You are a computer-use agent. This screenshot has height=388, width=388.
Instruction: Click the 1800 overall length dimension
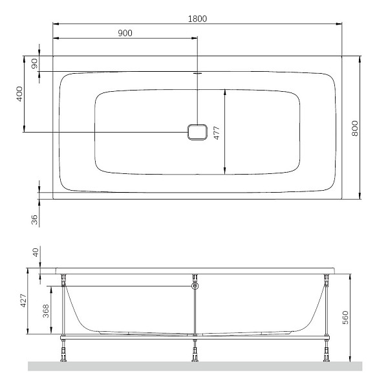[197, 18]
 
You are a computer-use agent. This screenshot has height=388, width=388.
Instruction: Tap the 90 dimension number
[34, 63]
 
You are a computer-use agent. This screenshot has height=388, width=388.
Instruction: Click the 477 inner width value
[218, 132]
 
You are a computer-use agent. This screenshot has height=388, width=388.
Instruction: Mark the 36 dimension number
[34, 219]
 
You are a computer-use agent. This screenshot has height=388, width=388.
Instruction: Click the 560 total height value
[345, 318]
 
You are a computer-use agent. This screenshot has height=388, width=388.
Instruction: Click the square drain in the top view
[197, 132]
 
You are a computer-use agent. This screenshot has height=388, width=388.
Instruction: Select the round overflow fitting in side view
[195, 285]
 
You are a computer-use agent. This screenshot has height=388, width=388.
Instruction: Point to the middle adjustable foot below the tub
[195, 352]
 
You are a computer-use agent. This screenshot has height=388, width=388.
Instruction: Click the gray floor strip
[194, 366]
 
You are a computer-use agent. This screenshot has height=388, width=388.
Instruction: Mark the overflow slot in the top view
[197, 73]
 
